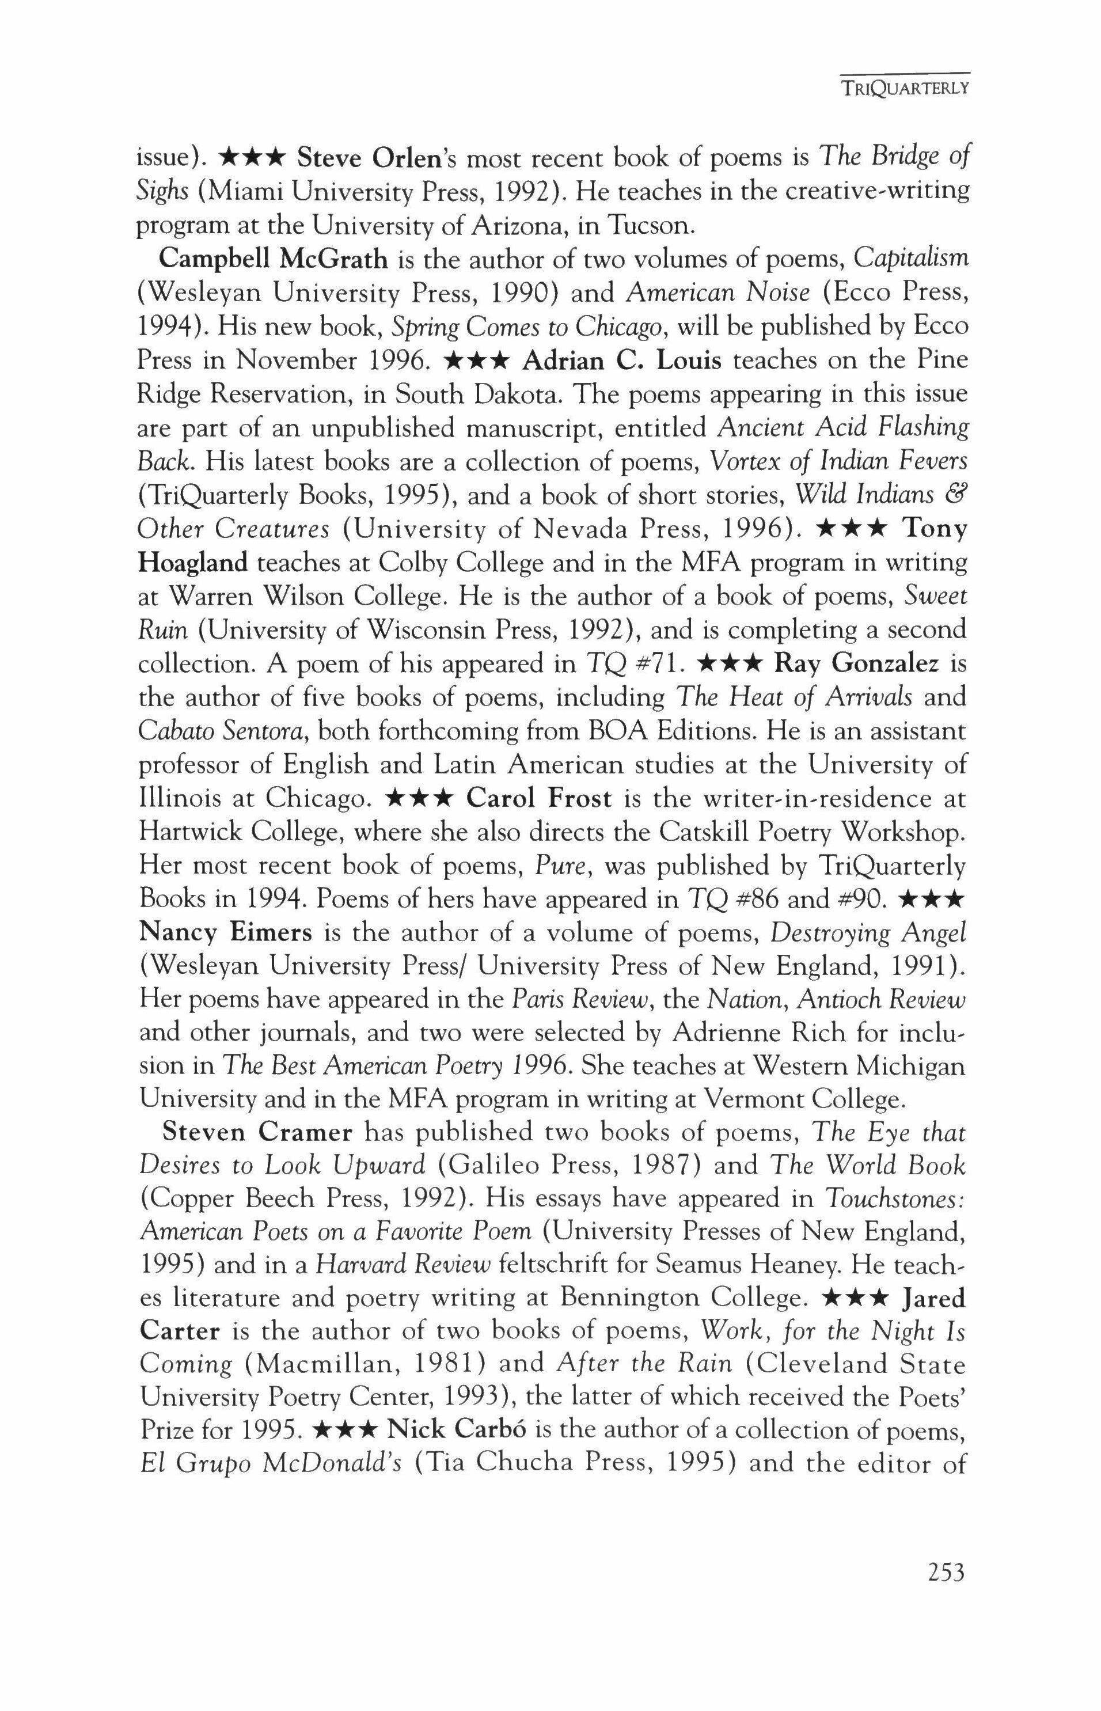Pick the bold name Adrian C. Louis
622,359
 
